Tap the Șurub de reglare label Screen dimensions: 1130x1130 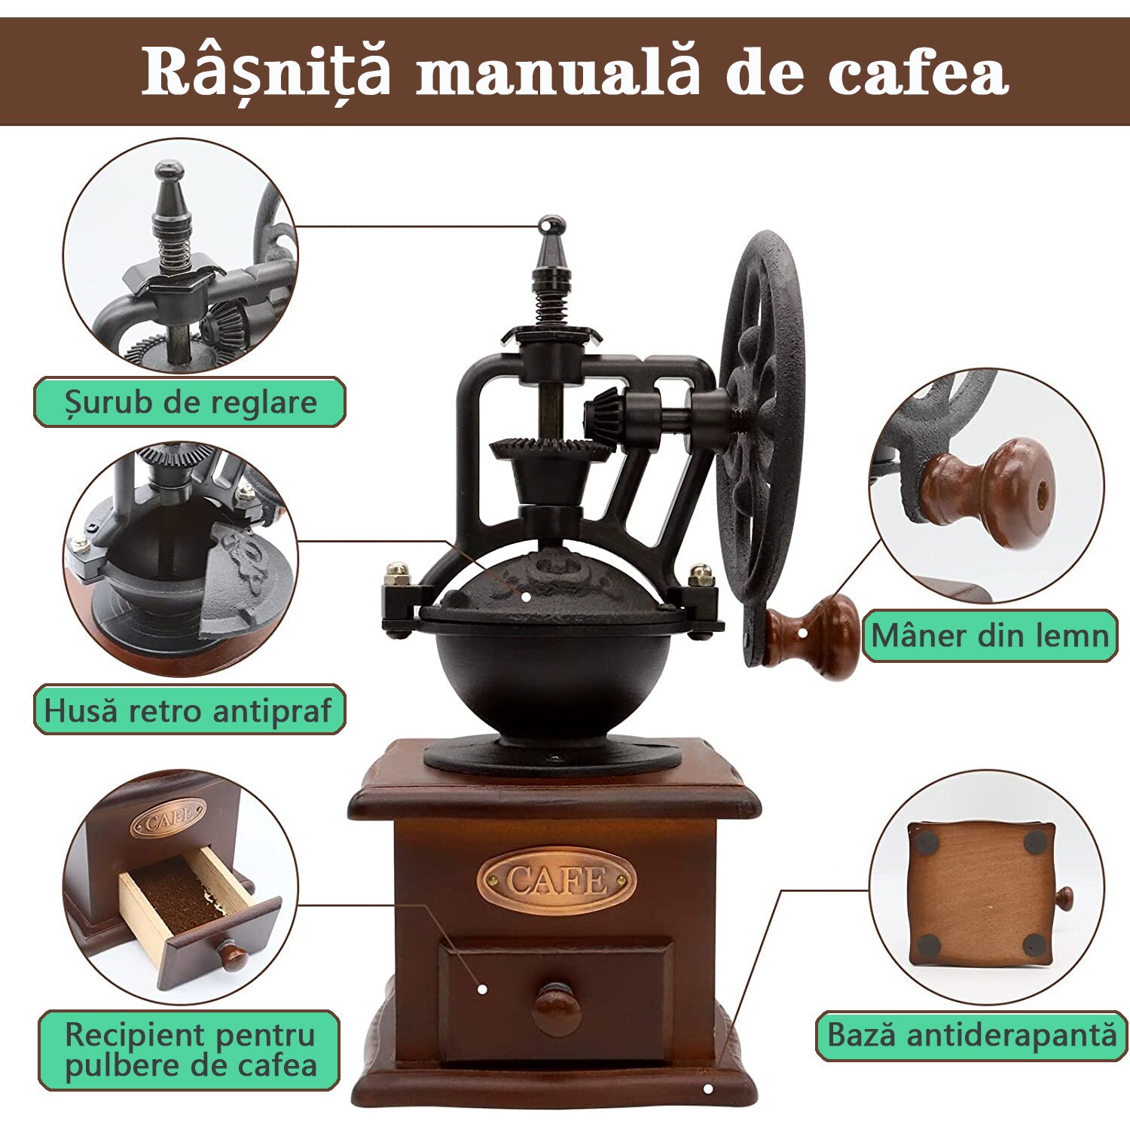[190, 402]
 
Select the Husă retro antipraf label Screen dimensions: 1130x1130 [189, 710]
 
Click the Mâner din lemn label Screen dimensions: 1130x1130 [990, 636]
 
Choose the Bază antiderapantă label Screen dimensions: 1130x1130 [972, 1035]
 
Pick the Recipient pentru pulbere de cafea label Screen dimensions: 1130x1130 [189, 1050]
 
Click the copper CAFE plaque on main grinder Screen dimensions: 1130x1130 [556, 879]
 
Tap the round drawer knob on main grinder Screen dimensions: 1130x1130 [557, 1008]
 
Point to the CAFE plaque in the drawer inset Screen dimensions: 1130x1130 [168, 820]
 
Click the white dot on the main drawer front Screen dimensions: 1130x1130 [482, 989]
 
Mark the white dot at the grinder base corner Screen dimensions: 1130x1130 [707, 1089]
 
